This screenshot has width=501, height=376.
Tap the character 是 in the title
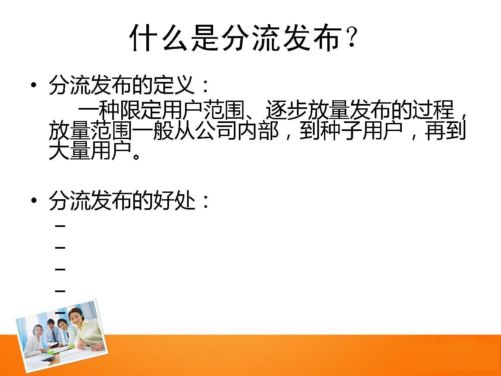[x=205, y=38]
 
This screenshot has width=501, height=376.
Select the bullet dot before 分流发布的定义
[x=33, y=85]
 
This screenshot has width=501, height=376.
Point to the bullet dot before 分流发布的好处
[x=33, y=200]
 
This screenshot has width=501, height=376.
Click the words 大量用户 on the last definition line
[x=90, y=150]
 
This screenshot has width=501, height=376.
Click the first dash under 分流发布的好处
[x=60, y=226]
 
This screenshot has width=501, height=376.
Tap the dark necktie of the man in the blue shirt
[x=54, y=335]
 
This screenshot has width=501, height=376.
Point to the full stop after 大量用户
[x=136, y=156]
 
